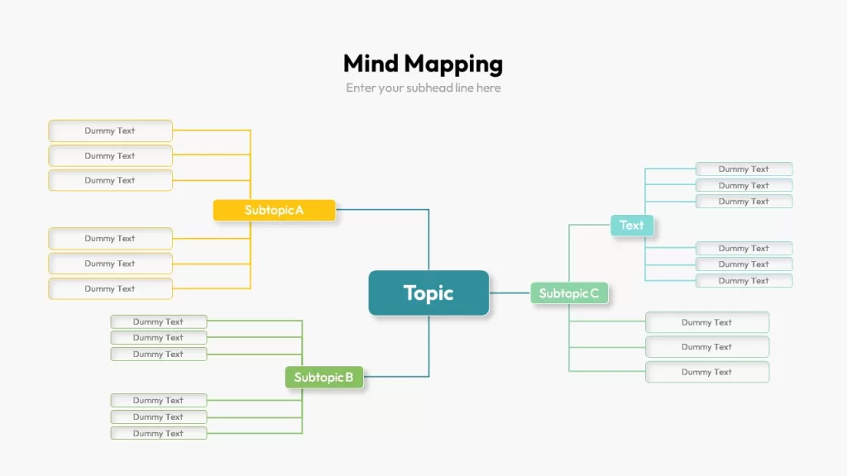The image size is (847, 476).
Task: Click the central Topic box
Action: point(428,293)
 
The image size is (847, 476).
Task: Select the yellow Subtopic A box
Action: point(274,210)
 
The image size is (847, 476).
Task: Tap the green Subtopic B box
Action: point(324,377)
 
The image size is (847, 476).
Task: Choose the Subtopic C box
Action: point(569,293)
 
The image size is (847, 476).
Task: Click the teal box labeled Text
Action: point(631,225)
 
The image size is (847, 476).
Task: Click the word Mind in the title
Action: point(371,64)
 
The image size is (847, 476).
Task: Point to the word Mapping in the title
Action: point(454,64)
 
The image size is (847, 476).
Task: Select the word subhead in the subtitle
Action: point(429,88)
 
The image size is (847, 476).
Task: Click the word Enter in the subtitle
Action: point(359,88)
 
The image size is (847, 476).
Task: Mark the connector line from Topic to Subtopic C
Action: point(510,293)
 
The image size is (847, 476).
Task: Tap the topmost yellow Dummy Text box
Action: point(110,131)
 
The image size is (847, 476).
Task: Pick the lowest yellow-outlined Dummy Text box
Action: point(110,288)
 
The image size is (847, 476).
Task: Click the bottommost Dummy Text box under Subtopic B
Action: point(158,433)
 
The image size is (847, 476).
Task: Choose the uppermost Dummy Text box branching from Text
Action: point(744,169)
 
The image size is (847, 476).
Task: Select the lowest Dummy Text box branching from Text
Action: point(744,281)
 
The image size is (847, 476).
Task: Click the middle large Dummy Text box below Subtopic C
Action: point(707,347)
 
